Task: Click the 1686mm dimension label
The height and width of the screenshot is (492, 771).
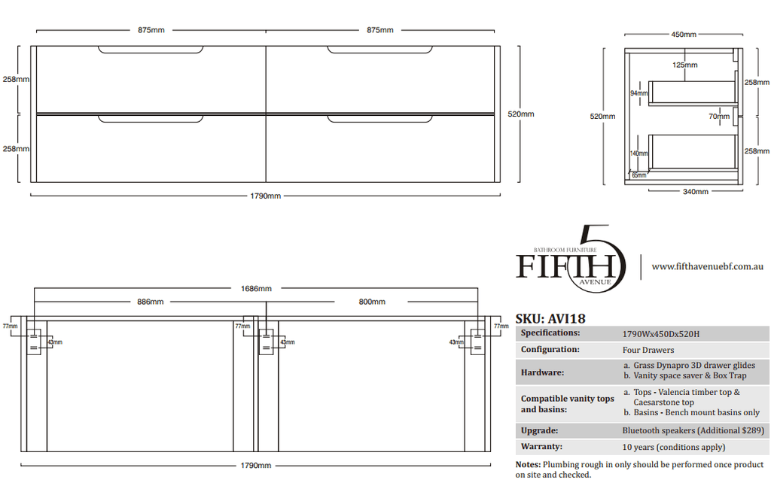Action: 256,289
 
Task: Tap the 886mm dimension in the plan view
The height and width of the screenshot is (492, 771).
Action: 151,302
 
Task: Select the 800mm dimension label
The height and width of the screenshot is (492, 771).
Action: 372,302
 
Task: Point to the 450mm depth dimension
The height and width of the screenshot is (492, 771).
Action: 684,35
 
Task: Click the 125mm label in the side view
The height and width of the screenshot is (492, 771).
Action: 685,65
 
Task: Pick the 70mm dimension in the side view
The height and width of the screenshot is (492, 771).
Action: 719,117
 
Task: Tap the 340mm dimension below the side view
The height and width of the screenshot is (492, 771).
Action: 696,192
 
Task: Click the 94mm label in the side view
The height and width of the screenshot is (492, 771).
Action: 639,93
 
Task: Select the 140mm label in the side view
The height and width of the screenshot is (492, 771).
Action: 638,153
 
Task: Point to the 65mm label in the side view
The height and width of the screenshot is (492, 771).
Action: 639,175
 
